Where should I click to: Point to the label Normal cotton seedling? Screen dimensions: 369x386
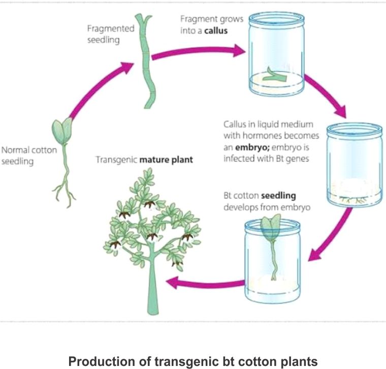29,156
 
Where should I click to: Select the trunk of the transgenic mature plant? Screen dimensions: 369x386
154,295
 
